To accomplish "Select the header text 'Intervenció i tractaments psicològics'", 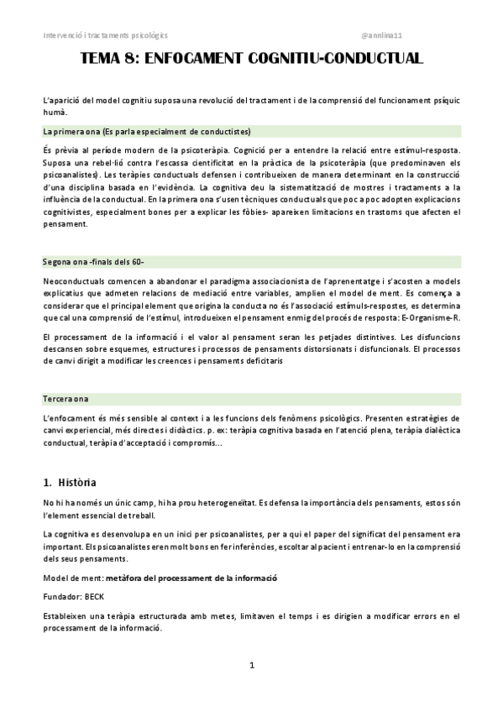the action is click(105, 35).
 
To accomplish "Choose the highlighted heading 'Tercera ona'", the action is click(65, 397).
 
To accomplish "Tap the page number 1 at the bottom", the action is click(251, 665).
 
